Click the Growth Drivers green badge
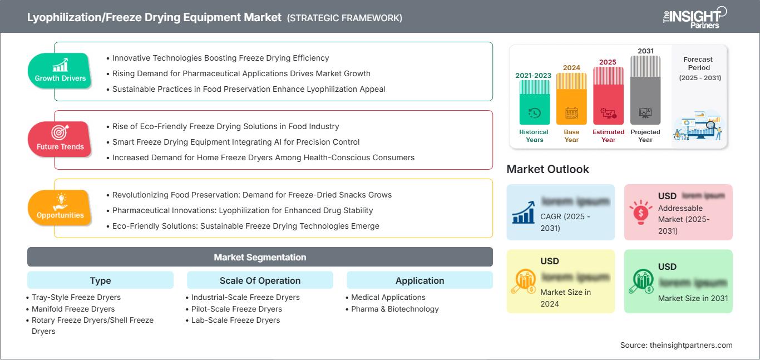point(60,71)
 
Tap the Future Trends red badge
point(60,139)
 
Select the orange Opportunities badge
point(60,208)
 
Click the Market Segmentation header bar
point(260,257)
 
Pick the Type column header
point(100,280)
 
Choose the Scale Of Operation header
point(260,280)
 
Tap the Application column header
point(420,280)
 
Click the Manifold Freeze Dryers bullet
point(73,309)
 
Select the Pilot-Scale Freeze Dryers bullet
point(236,309)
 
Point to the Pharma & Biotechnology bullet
point(394,309)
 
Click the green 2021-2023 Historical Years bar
point(534,102)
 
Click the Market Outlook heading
point(547,169)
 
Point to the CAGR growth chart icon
point(523,212)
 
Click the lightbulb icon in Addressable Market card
point(640,212)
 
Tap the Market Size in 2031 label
point(693,298)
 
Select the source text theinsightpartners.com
point(676,345)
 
